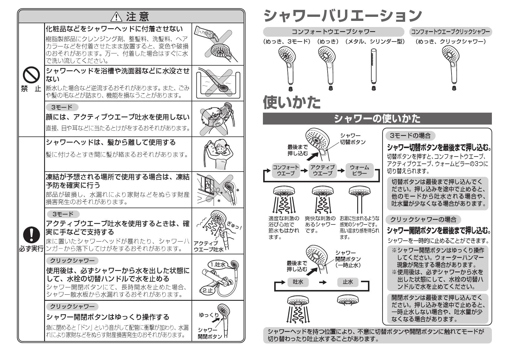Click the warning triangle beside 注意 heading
pos(117,17)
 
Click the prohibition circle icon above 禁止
pos(31,75)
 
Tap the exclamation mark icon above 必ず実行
pos(31,235)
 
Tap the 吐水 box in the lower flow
pos(298,282)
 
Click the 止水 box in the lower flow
pos(348,282)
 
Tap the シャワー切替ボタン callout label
pos(352,139)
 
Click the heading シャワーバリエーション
pos(342,16)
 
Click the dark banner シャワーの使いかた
pos(377,118)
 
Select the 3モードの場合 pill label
pos(410,135)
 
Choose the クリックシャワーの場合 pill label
pos(423,219)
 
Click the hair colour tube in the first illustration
pos(206,32)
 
